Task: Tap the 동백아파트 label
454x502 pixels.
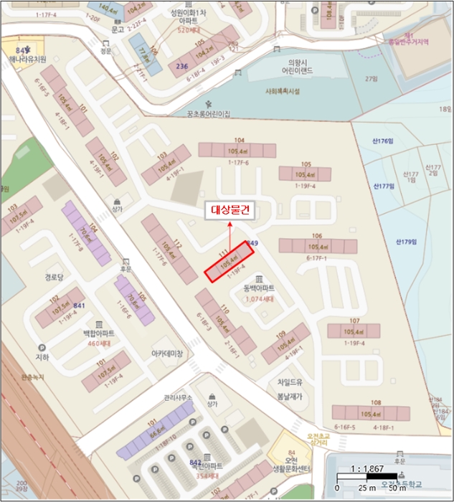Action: point(259,288)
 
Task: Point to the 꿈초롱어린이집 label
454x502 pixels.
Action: point(209,113)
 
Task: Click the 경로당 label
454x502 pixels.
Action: point(55,275)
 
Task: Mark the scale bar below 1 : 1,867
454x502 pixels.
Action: point(367,476)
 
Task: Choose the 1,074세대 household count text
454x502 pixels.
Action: point(260,298)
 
